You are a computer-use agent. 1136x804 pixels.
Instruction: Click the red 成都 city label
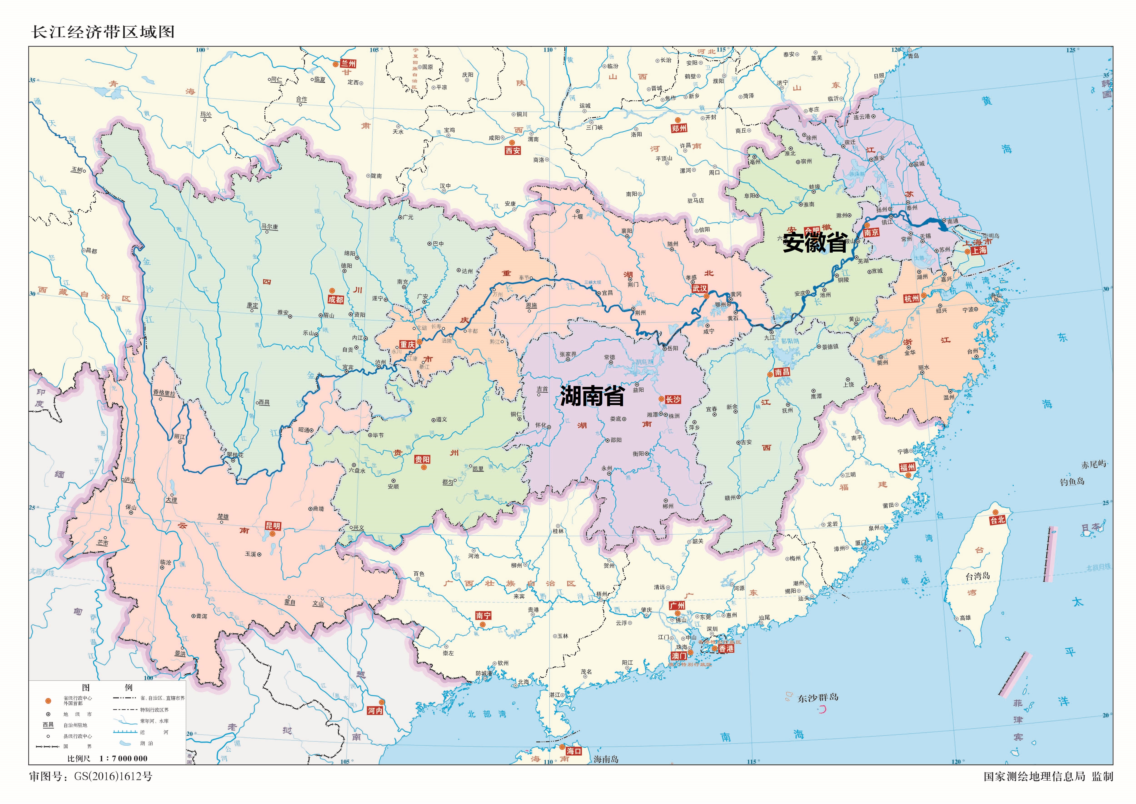(x=335, y=299)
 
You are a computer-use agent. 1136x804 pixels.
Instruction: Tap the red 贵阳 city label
(x=422, y=459)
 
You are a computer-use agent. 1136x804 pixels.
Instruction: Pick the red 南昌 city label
(x=782, y=372)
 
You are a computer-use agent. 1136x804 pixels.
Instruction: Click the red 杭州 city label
(x=912, y=299)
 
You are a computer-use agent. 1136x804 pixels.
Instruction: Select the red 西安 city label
(x=513, y=151)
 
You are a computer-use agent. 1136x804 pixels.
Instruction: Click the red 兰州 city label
(x=348, y=64)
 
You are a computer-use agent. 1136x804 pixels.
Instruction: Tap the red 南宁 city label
(x=483, y=615)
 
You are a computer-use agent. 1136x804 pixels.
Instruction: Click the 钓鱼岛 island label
(x=1072, y=481)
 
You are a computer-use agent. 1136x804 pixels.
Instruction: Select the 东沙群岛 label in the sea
(x=817, y=698)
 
